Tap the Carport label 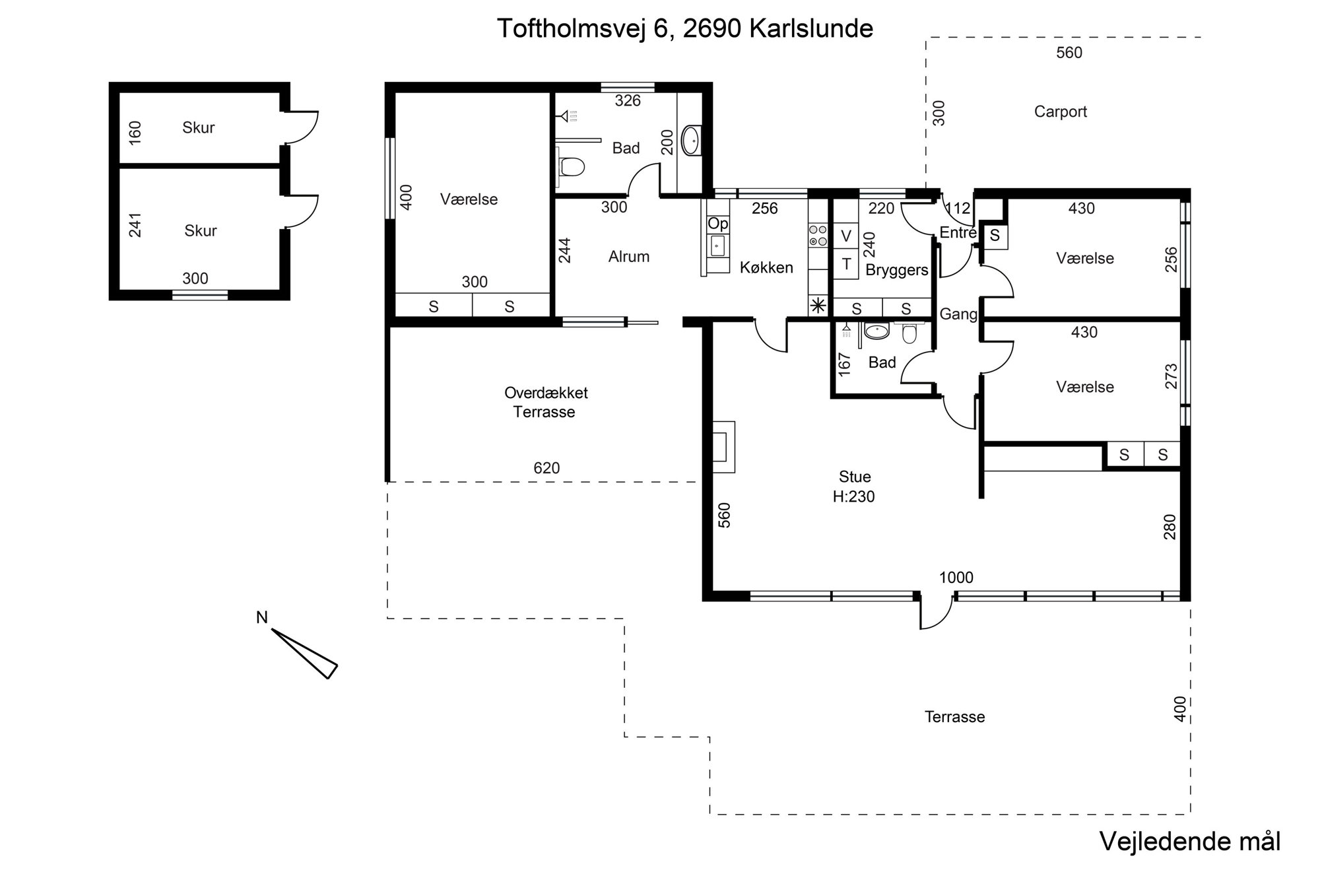click(x=1060, y=112)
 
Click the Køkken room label click(x=766, y=267)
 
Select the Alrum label click(x=629, y=256)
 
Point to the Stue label click(x=855, y=477)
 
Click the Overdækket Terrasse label click(x=546, y=402)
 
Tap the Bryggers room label click(x=897, y=270)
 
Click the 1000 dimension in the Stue click(x=956, y=578)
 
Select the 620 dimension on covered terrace click(x=546, y=468)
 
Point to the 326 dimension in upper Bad click(x=628, y=100)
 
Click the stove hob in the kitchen click(x=818, y=236)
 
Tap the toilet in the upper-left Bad click(x=572, y=166)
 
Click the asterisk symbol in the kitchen click(x=818, y=306)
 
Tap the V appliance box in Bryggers click(x=845, y=236)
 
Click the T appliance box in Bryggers click(x=845, y=264)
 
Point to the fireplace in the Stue click(x=723, y=447)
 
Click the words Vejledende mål click(x=1190, y=842)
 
